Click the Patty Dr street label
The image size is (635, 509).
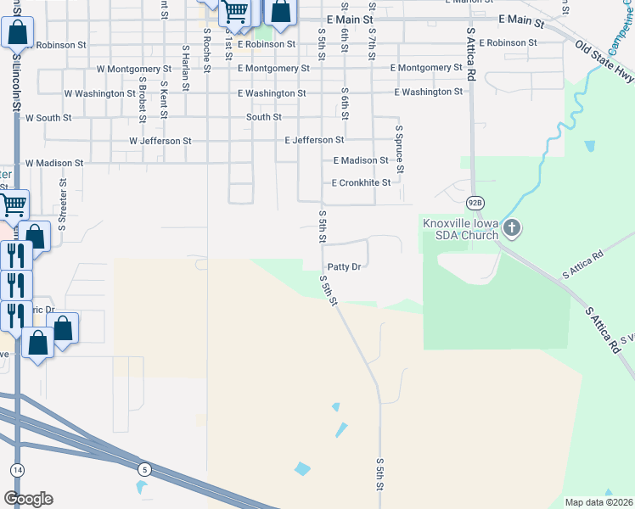click(x=346, y=266)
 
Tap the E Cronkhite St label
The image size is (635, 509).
click(x=361, y=182)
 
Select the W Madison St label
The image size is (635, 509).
click(x=54, y=163)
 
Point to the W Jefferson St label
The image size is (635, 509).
click(x=160, y=141)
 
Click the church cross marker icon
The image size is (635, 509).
click(x=511, y=227)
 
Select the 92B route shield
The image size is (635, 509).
click(x=475, y=203)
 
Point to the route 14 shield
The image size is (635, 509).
click(x=17, y=469)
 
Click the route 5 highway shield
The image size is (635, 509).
click(x=145, y=469)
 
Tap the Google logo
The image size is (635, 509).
click(x=28, y=499)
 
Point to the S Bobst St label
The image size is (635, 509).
click(x=143, y=75)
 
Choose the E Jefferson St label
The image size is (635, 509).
click(x=314, y=140)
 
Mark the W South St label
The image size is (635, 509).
click(x=48, y=118)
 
